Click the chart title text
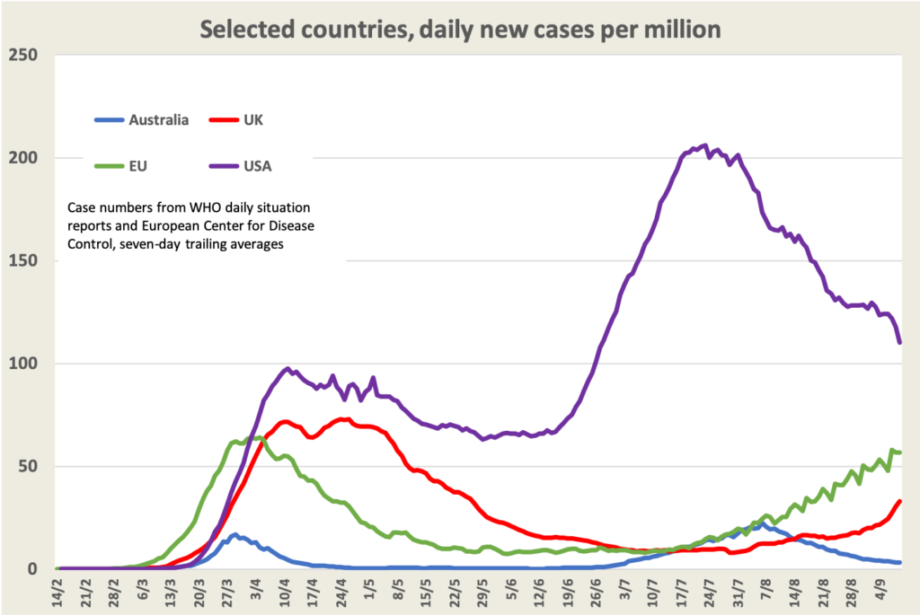click(460, 29)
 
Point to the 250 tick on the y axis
click(26, 56)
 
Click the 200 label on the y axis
click(26, 158)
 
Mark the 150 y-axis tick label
click(26, 261)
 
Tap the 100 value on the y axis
click(26, 364)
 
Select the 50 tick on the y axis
click(31, 467)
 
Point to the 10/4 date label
click(285, 590)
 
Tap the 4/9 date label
click(872, 590)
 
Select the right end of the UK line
click(899, 501)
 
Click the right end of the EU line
click(899, 452)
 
